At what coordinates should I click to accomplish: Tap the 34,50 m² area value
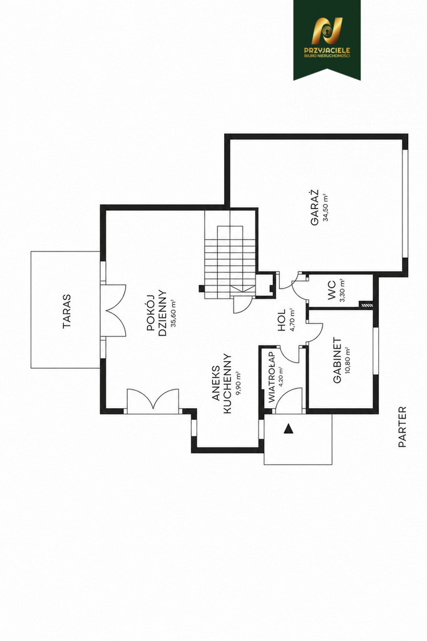click(x=326, y=207)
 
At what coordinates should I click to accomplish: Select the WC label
click(x=332, y=290)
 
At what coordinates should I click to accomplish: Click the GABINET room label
click(x=337, y=360)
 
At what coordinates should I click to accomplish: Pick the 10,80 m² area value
click(x=348, y=360)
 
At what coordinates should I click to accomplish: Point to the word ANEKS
click(x=217, y=377)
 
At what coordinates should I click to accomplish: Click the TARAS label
click(x=66, y=312)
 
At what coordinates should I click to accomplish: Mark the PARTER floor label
click(x=403, y=426)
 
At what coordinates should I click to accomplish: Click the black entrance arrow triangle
click(x=289, y=428)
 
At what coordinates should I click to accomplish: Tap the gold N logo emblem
click(x=327, y=31)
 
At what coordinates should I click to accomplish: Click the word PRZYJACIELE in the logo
click(x=327, y=50)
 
